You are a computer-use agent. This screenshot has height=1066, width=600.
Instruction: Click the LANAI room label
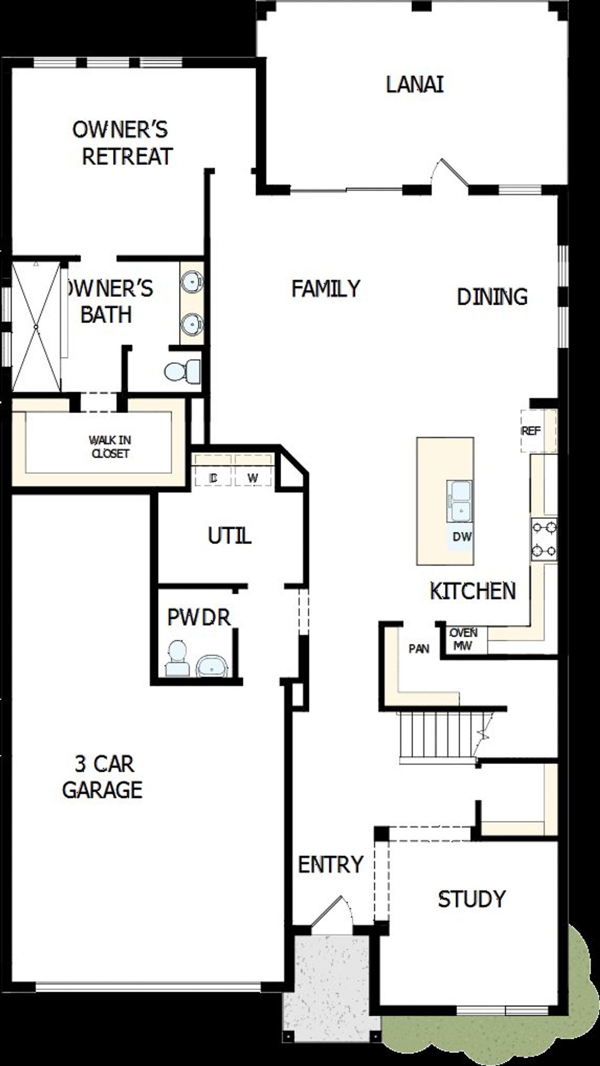pos(415,85)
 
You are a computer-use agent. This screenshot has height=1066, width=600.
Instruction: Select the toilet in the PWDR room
pos(177,659)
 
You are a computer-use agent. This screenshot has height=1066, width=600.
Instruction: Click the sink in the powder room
pos(212,666)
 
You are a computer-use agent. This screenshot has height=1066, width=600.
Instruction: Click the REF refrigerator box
pos(538,431)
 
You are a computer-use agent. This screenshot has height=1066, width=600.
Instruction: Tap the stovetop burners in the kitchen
pos(544,539)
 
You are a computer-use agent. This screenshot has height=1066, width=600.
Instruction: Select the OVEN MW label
pos(464,639)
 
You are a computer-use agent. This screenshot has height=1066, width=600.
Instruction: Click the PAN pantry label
pos(419,649)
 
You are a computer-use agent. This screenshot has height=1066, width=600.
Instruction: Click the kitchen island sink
pos(459,501)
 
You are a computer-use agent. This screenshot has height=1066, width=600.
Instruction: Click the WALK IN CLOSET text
pos(110,447)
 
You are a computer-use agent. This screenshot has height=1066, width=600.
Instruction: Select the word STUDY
pos(472,899)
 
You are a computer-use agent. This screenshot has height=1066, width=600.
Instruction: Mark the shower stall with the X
pos(36,326)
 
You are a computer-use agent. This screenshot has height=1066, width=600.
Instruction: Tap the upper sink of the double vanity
pos(192,282)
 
